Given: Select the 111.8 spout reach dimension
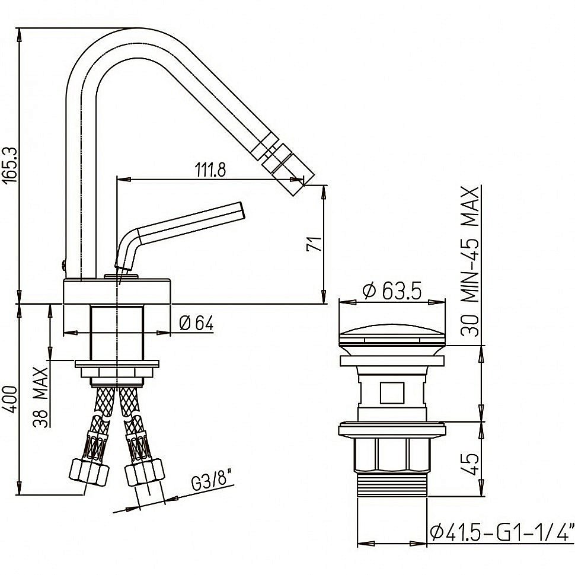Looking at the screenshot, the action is pos(210,170).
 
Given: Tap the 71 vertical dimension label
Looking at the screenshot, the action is pos(315,244).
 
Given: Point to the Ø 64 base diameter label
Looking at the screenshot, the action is pos(196,323).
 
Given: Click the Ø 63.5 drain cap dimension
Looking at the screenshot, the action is pos(392,290).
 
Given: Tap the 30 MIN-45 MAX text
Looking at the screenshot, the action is pos(469,261).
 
